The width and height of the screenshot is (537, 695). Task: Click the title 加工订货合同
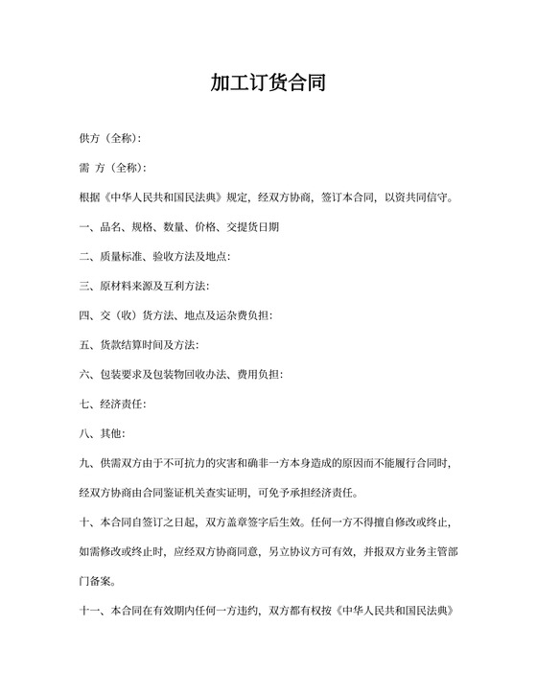click(268, 83)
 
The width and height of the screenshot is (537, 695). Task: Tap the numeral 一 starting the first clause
click(84, 227)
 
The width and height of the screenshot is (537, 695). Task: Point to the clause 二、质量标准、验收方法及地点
click(153, 257)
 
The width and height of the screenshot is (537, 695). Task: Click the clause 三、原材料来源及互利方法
click(144, 287)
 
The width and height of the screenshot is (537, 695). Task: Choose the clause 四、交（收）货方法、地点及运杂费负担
click(177, 315)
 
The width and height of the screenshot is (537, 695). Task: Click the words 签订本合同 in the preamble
click(349, 198)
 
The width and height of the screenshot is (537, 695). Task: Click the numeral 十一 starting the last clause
click(91, 611)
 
